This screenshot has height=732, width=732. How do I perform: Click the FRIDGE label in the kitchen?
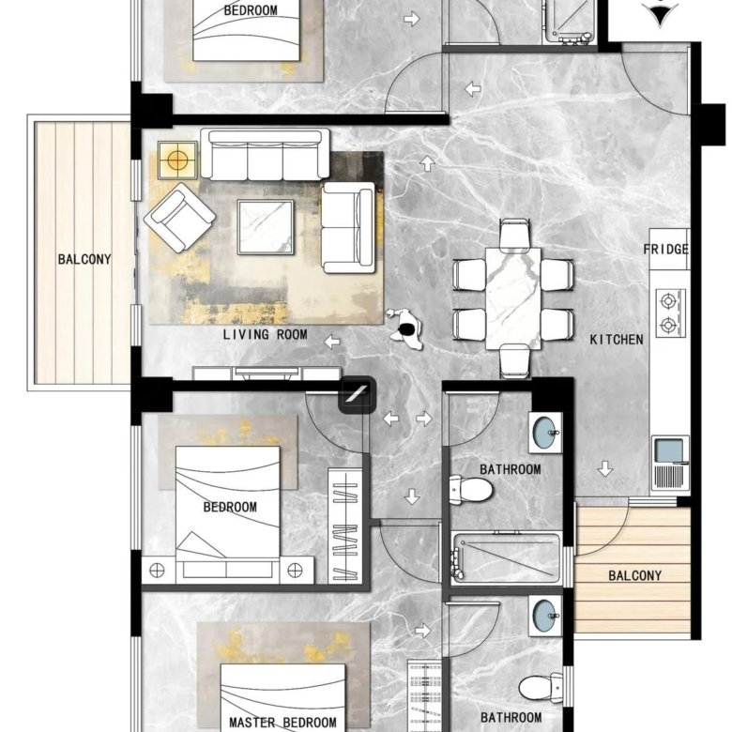point(665,250)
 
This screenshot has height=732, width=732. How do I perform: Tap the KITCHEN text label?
point(617,340)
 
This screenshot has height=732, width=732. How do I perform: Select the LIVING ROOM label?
point(265,334)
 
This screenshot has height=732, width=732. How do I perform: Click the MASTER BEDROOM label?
point(282,723)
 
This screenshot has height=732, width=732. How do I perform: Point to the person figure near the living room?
point(405,328)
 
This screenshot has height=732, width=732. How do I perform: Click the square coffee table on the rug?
point(266,227)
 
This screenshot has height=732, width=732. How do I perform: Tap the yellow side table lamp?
point(177,160)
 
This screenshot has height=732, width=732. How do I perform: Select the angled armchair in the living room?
point(179,218)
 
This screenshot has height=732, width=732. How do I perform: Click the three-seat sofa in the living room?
point(265,155)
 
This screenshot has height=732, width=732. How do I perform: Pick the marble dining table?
point(513,298)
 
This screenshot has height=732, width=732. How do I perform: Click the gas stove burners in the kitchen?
point(669,313)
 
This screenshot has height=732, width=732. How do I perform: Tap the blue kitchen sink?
point(670,450)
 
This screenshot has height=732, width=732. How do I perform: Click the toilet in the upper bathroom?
point(470,490)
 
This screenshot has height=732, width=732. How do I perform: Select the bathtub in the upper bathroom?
point(506,558)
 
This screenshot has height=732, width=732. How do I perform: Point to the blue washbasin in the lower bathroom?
point(545,616)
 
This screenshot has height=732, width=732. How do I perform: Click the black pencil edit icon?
point(358,394)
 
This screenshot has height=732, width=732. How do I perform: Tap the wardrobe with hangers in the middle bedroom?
point(345,526)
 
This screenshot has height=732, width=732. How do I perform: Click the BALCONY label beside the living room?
point(84,259)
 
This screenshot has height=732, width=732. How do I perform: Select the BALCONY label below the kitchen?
point(635,575)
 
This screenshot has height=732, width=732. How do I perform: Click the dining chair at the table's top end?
point(514,235)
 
